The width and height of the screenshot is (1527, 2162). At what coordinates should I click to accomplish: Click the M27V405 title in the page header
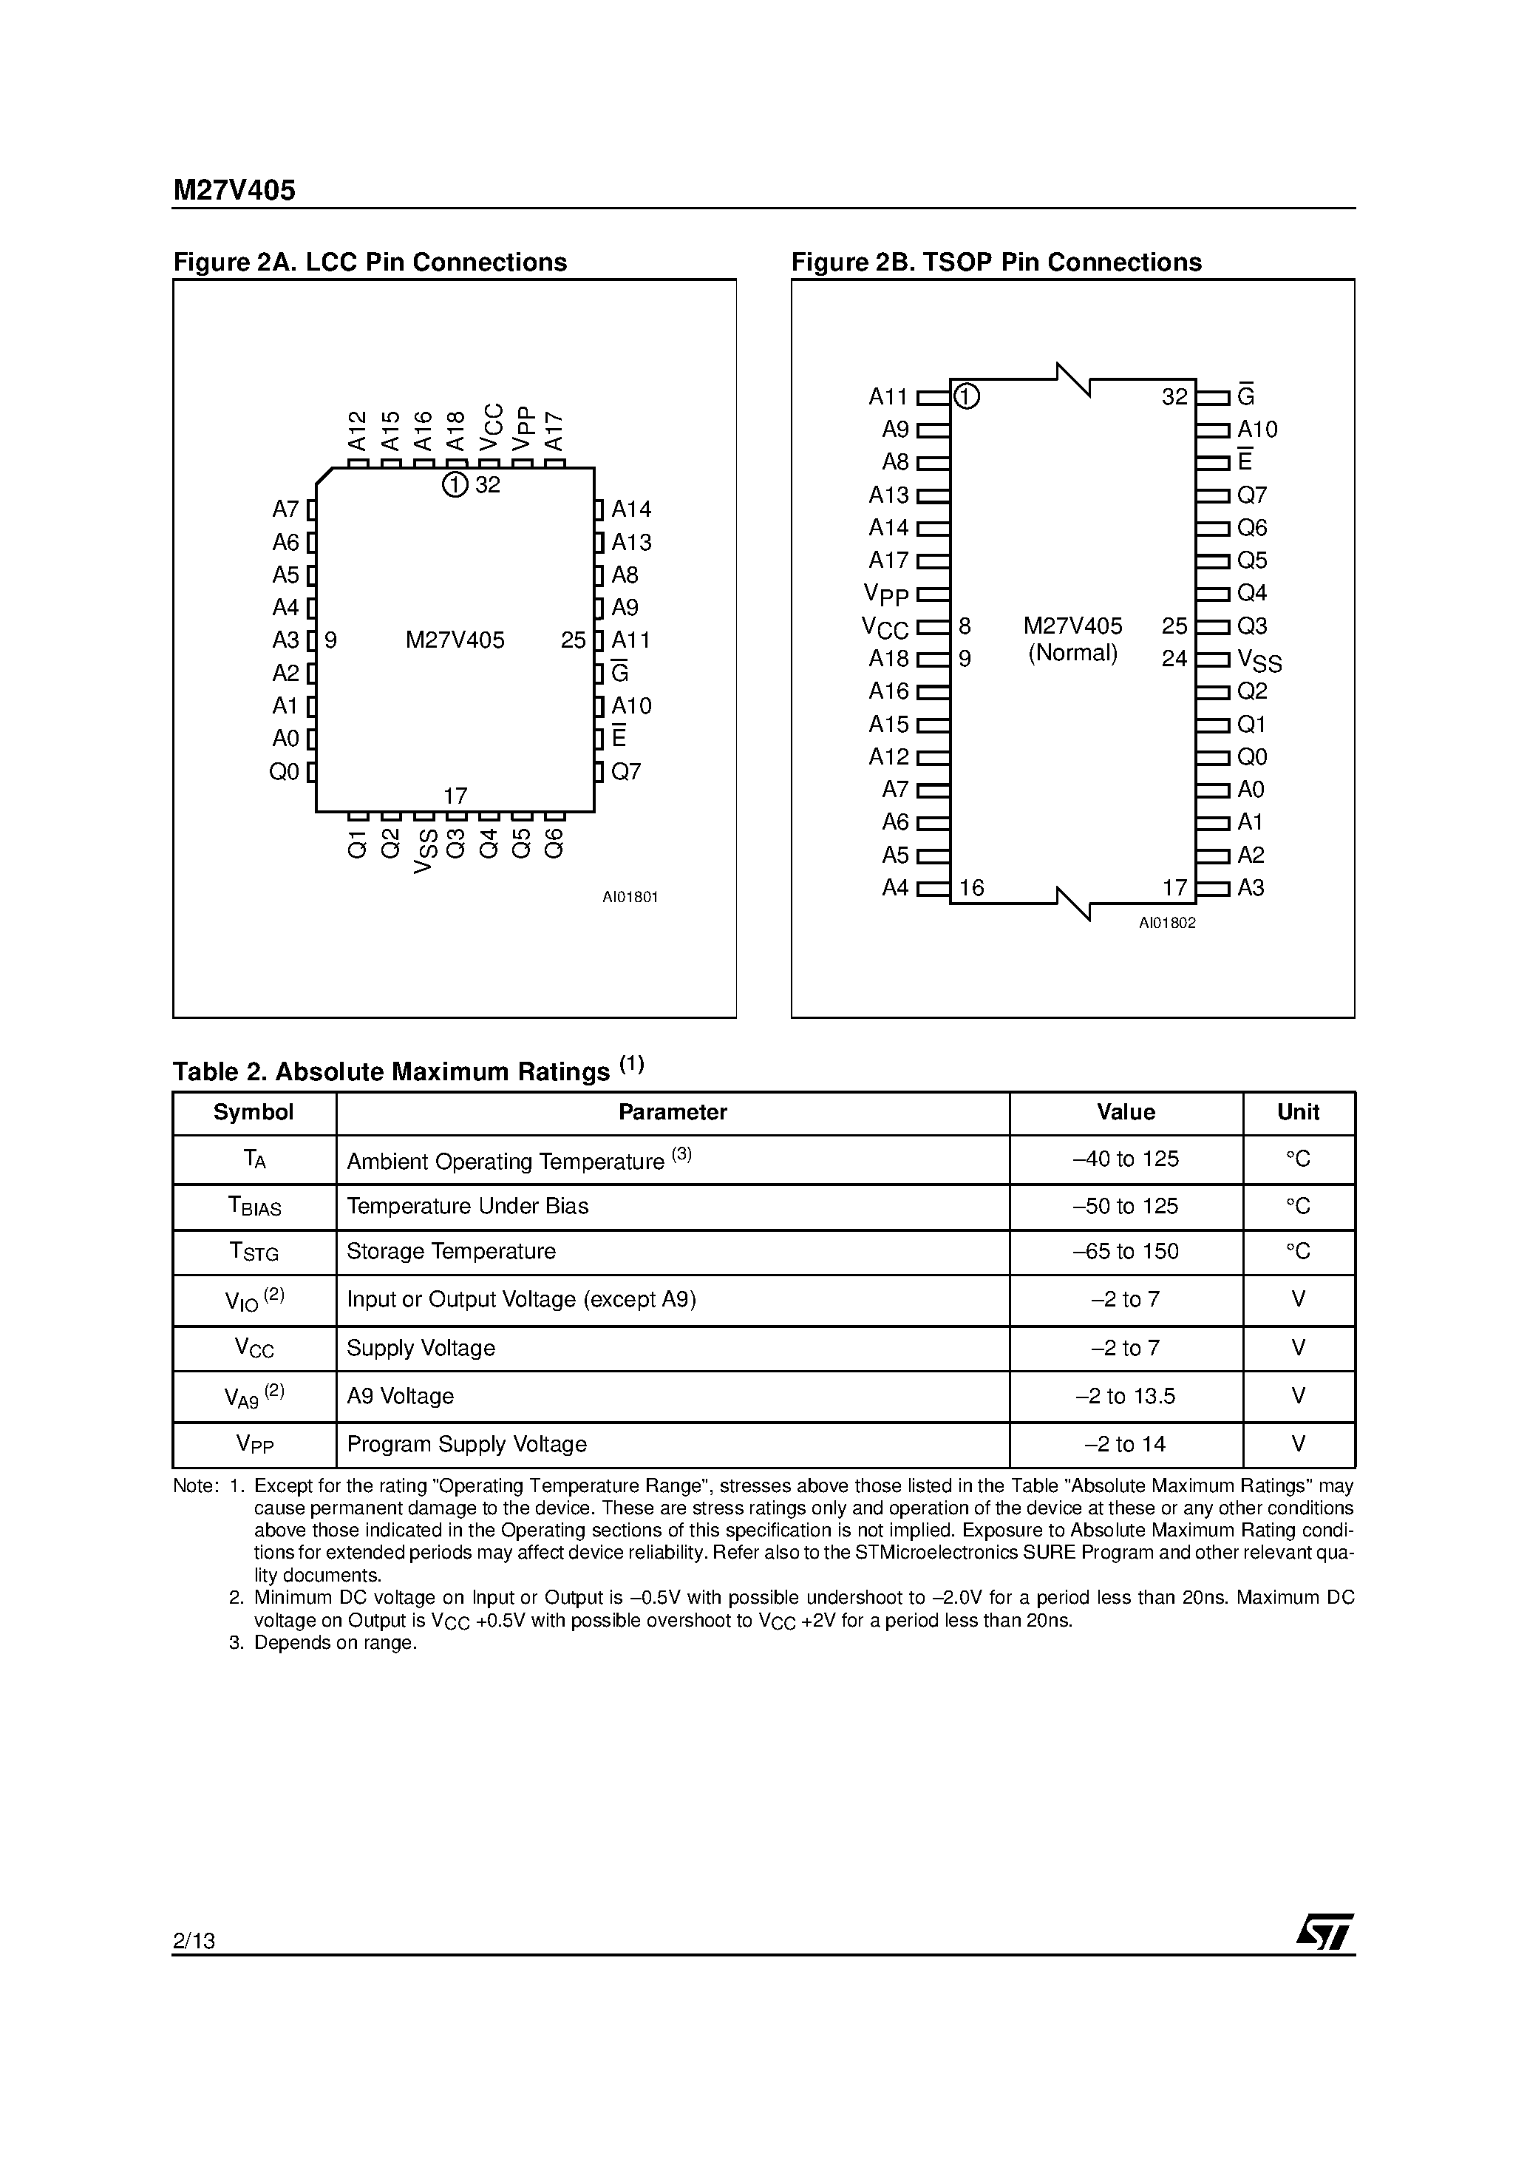tap(234, 190)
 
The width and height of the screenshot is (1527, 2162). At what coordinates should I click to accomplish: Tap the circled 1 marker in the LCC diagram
tap(455, 485)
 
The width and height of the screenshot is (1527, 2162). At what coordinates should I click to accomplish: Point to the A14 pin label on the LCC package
tap(630, 509)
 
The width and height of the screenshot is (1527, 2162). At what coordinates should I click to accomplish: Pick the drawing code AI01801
tap(630, 898)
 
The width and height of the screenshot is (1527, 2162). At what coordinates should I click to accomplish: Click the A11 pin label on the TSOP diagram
tap(888, 397)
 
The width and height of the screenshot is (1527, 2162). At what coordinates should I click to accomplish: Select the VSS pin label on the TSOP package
tap(1259, 660)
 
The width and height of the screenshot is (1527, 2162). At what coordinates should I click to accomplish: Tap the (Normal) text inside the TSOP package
tap(1072, 653)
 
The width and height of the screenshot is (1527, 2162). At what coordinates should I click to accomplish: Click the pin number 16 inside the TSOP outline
tap(971, 888)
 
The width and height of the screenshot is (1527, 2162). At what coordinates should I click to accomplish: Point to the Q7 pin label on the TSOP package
tap(1251, 495)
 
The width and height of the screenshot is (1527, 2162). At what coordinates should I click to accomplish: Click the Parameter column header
tap(672, 1112)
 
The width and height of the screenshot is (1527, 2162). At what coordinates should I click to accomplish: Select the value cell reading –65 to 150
tap(1125, 1252)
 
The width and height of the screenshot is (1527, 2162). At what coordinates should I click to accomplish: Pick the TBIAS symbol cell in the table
tap(254, 1206)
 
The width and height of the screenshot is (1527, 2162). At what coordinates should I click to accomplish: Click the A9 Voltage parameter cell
tap(400, 1395)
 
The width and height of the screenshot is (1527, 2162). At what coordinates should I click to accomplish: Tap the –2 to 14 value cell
tap(1125, 1443)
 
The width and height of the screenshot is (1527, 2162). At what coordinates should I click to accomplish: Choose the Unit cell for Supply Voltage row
tap(1298, 1347)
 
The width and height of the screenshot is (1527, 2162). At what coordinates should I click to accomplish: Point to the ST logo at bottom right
tap(1324, 1932)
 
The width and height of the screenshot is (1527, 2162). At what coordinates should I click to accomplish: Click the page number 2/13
tap(194, 1941)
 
